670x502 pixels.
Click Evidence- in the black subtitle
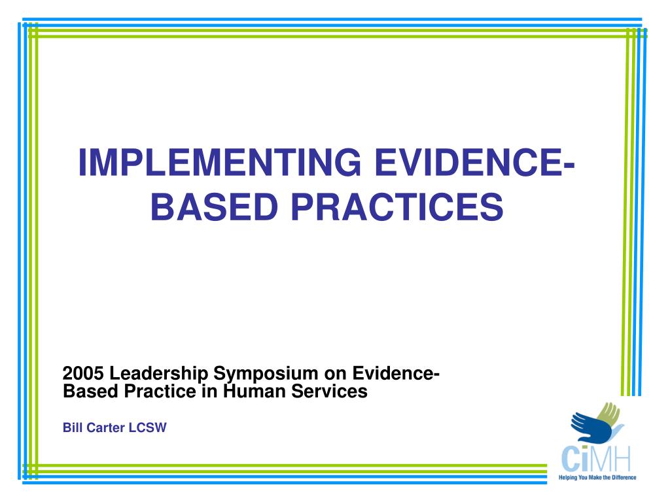click(396, 374)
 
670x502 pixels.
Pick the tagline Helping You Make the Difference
click(597, 478)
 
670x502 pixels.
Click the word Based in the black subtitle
click(83, 392)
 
